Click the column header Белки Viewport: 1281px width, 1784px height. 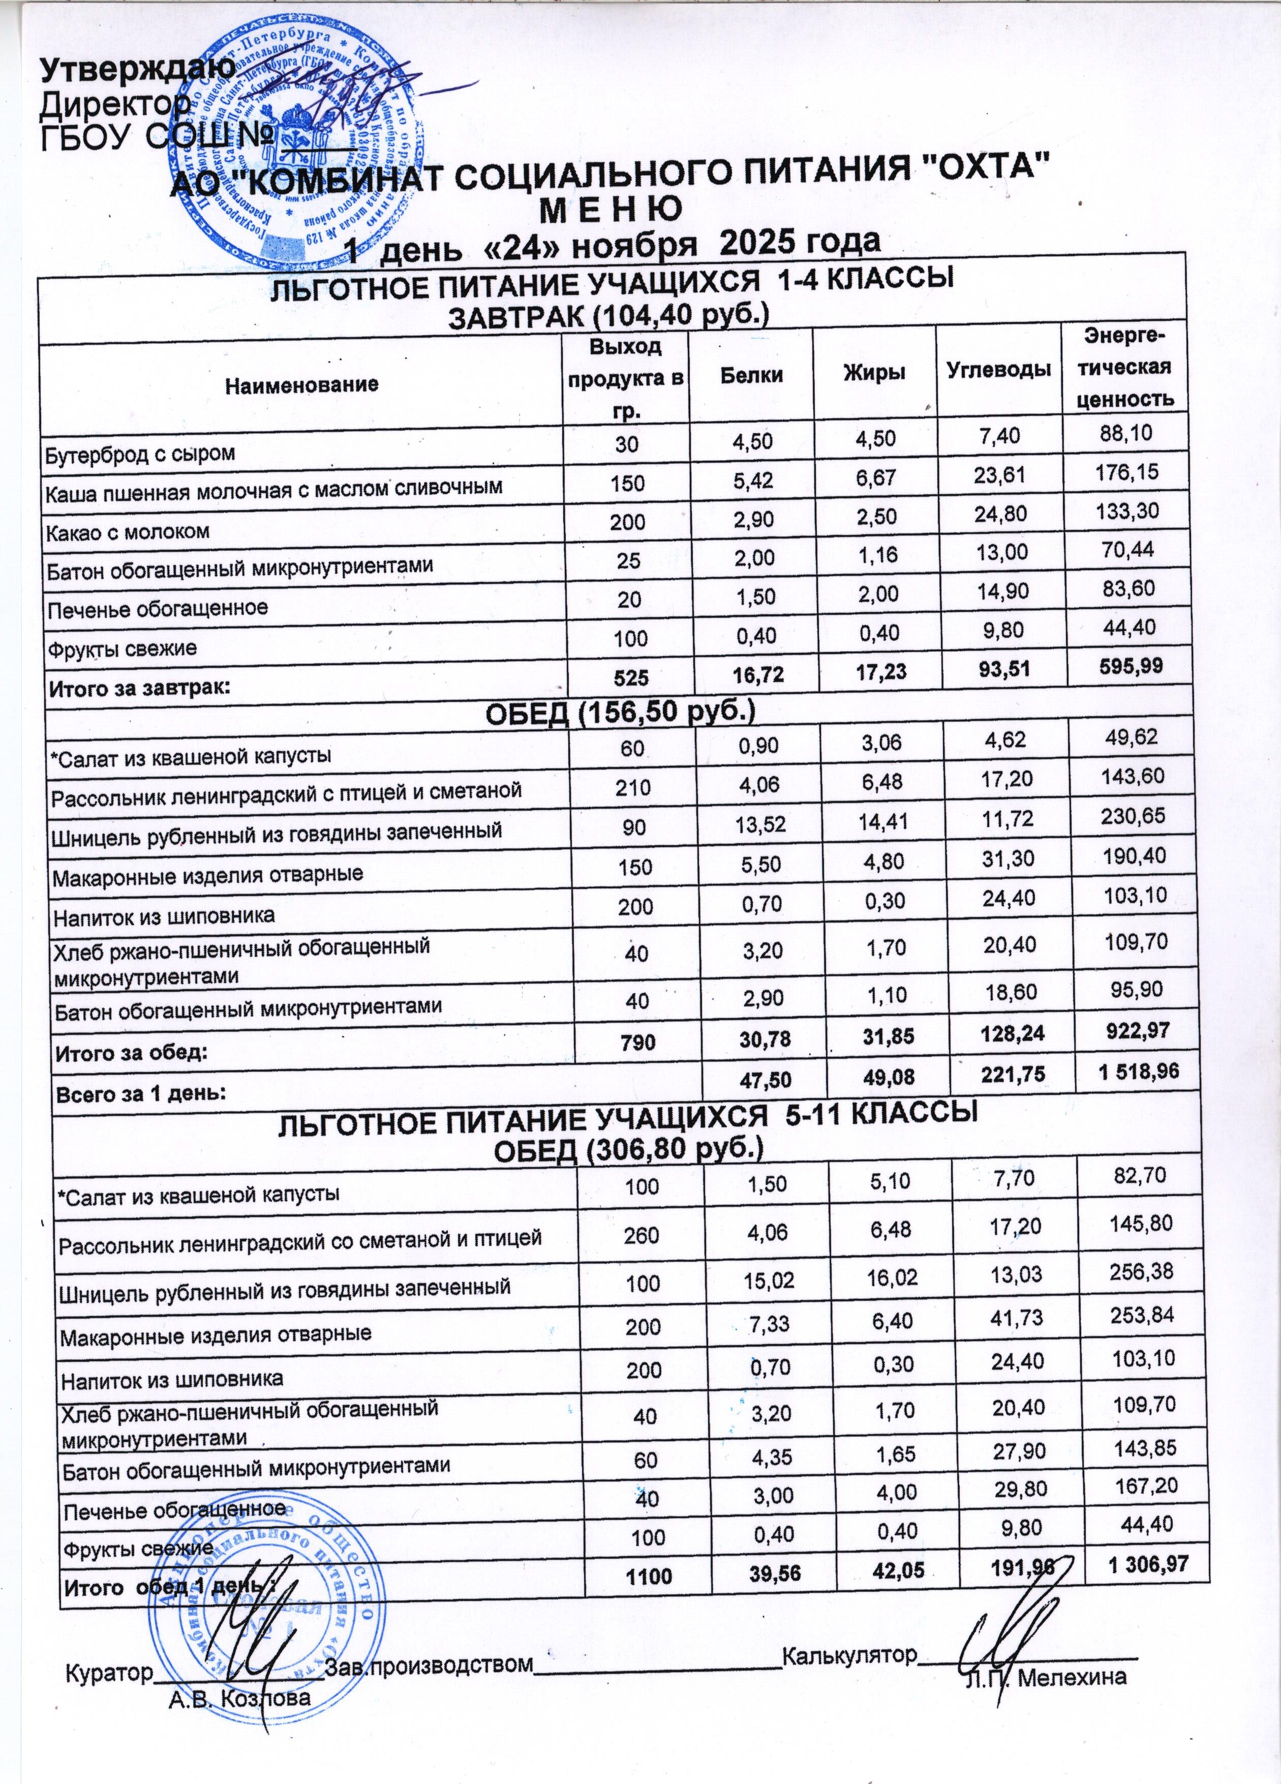point(751,374)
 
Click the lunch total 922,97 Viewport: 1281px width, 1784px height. point(1133,1030)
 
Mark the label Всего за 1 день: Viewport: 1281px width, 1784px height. point(138,1094)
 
